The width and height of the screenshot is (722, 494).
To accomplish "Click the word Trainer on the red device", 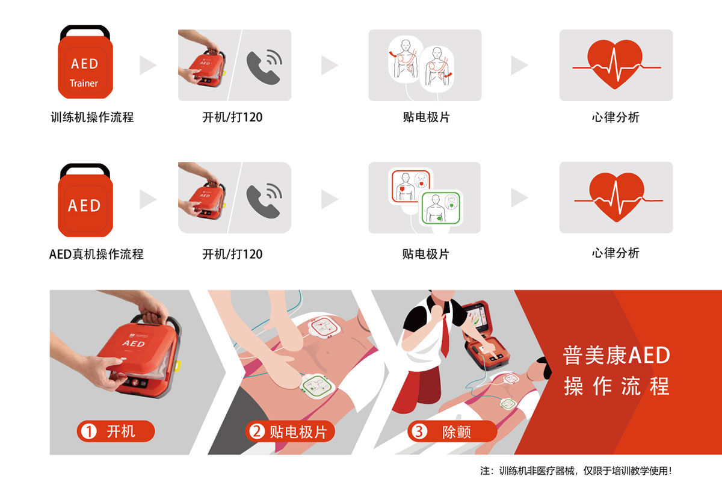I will [x=84, y=84].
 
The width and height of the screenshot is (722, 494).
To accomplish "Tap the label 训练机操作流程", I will [x=92, y=117].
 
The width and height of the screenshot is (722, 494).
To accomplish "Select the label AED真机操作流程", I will [x=96, y=254].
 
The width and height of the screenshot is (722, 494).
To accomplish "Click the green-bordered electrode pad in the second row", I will [x=442, y=208].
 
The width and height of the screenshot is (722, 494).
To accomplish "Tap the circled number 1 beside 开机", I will [x=89, y=431].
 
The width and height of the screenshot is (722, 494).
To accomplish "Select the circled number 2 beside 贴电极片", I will [x=258, y=431].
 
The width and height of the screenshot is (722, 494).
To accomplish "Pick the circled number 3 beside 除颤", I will [x=419, y=431].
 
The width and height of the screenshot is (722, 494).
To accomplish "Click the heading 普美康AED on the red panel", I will [x=616, y=355].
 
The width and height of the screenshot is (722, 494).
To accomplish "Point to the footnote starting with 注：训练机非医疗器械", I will [x=576, y=471].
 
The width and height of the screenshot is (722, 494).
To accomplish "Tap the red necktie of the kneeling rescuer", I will [x=446, y=337].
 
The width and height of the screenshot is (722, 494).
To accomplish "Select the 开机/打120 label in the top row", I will [x=232, y=117].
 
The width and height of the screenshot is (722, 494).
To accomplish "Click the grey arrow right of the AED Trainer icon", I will [x=147, y=65].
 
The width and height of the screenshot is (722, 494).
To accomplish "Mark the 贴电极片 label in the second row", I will [x=425, y=254].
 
